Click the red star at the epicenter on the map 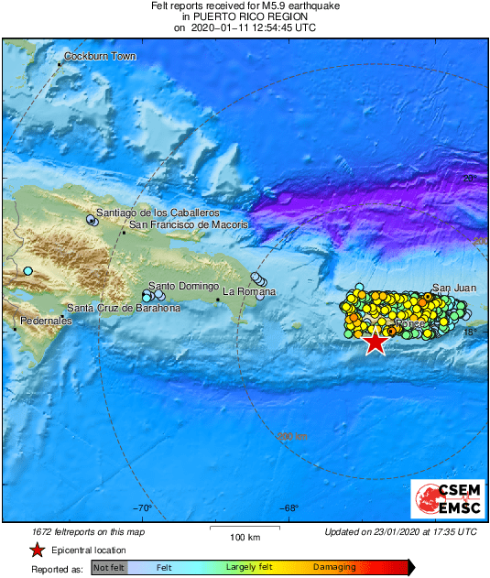[x=375, y=343]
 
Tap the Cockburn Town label [x=100, y=57]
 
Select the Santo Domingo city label [x=183, y=286]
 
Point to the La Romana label [x=249, y=291]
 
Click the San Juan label [x=453, y=288]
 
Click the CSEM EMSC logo [x=443, y=499]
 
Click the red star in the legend [x=37, y=550]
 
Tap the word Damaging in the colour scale [x=334, y=568]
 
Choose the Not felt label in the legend [x=109, y=568]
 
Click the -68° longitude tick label [x=289, y=509]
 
